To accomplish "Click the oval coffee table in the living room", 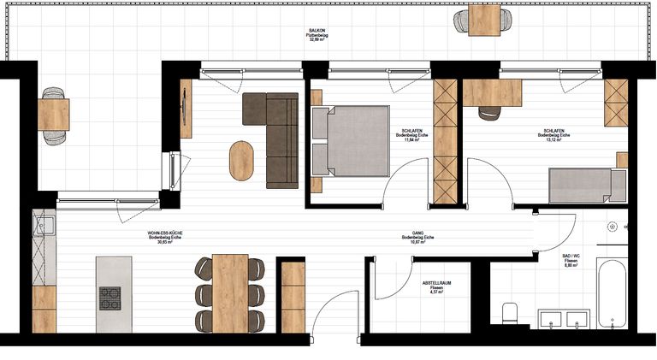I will (x=242, y=159).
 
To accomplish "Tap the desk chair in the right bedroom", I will (x=490, y=112).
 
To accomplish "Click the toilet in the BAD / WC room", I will (x=510, y=312).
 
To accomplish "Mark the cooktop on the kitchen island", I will (x=110, y=298).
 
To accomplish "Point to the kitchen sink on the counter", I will (x=43, y=228).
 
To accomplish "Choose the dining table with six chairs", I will (x=229, y=293).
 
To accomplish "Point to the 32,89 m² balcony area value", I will (x=317, y=39).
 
